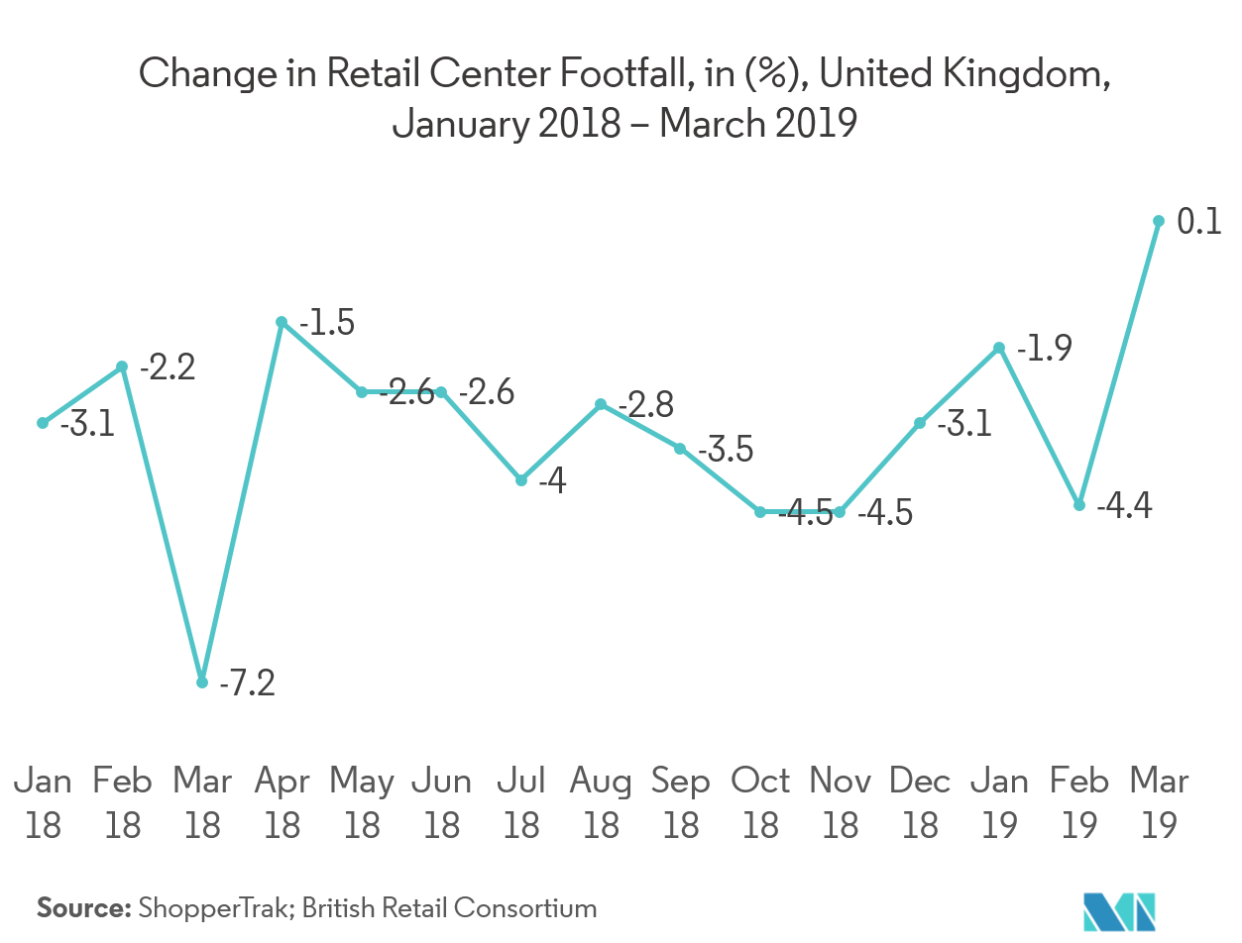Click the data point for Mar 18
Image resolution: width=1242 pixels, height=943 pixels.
tap(202, 682)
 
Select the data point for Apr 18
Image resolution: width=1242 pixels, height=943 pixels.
tap(282, 322)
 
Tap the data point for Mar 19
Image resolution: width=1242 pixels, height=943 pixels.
tap(1158, 221)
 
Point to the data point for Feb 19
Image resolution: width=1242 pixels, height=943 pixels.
tap(1079, 505)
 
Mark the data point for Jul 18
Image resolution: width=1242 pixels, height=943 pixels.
tap(521, 480)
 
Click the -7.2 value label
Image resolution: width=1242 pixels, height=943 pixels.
tap(247, 683)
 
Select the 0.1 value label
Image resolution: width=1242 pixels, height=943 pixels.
tap(1198, 223)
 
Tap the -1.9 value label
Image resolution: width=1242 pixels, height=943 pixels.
tap(1043, 349)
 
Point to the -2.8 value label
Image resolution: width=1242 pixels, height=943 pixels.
tap(645, 405)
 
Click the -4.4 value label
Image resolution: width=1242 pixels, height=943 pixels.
tap(1125, 507)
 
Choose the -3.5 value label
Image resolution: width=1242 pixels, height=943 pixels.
tap(726, 450)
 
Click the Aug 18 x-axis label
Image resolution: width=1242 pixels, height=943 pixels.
tap(601, 802)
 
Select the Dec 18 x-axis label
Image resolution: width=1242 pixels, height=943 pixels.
tap(920, 802)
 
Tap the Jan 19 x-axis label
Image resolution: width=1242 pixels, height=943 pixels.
tap(999, 802)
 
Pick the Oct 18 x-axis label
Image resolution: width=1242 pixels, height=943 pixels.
tap(760, 802)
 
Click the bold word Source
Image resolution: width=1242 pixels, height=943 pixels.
tap(84, 907)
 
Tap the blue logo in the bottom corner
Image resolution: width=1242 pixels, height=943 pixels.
tap(1120, 910)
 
